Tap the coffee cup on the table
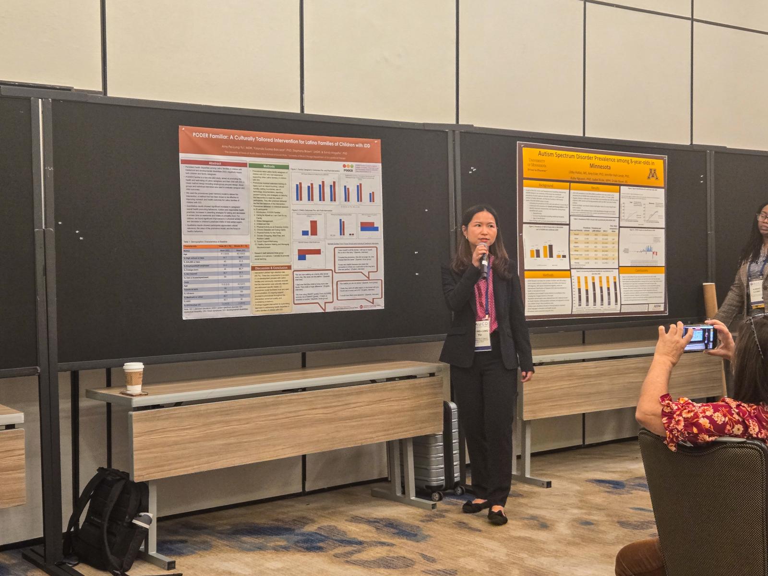click(x=133, y=377)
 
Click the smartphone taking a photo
click(x=700, y=337)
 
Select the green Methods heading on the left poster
click(x=269, y=166)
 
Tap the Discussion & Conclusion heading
click(x=271, y=267)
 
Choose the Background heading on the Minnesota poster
click(x=545, y=185)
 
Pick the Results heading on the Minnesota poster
click(x=595, y=188)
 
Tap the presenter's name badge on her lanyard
click(x=483, y=336)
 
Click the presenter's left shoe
click(x=497, y=516)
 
